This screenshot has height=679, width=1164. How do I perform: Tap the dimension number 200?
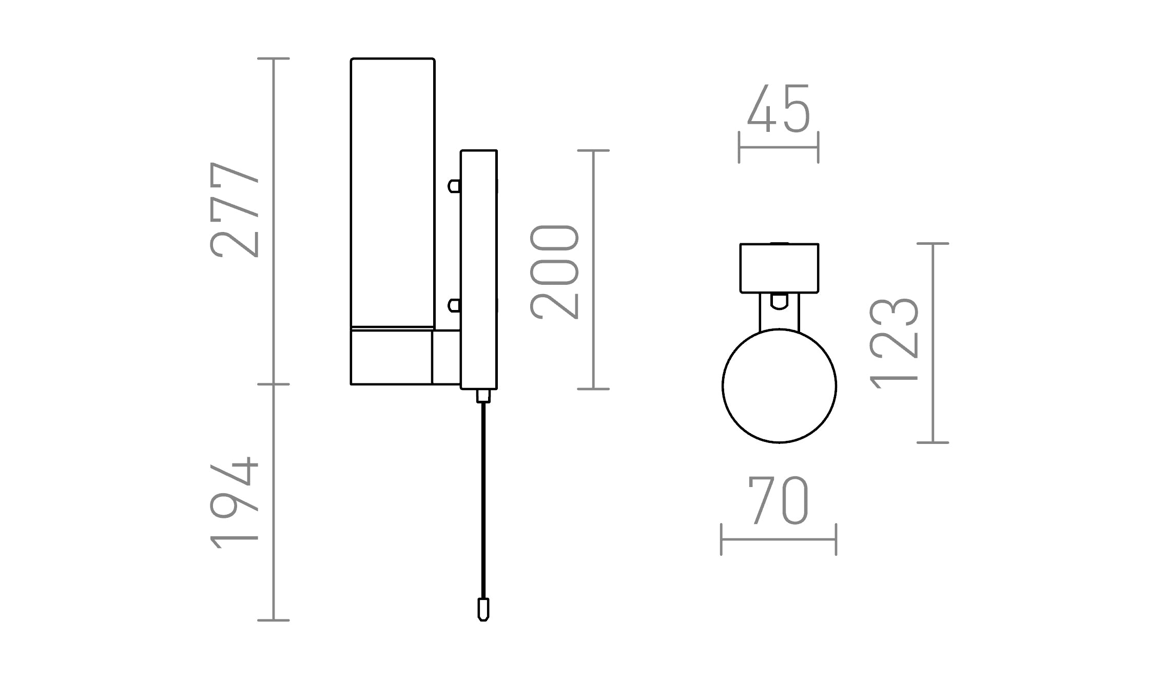554,271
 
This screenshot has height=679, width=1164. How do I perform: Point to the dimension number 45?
779,109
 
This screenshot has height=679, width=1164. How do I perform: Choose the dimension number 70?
779,500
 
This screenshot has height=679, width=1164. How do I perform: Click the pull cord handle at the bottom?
483,609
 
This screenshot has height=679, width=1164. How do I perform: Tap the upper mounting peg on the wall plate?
454,186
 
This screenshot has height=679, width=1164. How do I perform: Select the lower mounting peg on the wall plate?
454,306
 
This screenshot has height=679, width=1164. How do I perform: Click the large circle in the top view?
779,386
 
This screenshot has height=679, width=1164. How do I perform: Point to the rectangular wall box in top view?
779,268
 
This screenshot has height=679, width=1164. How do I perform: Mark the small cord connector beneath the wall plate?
483,396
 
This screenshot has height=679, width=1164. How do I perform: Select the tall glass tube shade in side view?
393,192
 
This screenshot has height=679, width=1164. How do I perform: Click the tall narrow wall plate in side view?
479,269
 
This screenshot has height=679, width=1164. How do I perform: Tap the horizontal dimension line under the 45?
779,148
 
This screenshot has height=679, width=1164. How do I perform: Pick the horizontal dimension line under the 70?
779,539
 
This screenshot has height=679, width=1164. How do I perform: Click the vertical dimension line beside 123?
933,343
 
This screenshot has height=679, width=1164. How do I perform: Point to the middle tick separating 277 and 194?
274,384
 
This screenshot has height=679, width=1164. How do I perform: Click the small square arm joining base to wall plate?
446,357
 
